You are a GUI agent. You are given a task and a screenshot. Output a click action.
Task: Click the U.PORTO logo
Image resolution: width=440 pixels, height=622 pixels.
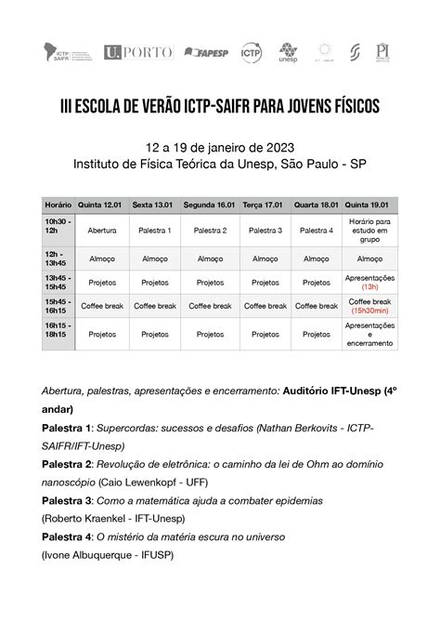[x=139, y=52]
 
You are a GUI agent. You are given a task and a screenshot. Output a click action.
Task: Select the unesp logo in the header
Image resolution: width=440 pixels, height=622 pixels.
[x=289, y=52]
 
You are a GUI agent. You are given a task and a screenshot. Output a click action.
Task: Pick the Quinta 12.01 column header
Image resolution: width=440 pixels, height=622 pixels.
[x=101, y=205]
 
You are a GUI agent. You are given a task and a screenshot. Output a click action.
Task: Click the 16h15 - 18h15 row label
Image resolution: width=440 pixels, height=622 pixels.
[x=58, y=334]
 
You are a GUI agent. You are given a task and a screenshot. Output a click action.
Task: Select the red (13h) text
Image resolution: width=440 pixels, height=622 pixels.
[x=369, y=286]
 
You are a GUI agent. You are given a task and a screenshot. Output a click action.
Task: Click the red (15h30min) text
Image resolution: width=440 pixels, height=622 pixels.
[x=369, y=311]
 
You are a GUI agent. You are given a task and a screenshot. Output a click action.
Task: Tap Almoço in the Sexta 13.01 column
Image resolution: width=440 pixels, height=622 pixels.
[x=154, y=258]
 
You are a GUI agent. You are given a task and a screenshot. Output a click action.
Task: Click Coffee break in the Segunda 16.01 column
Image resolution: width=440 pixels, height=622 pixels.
[x=210, y=305]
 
